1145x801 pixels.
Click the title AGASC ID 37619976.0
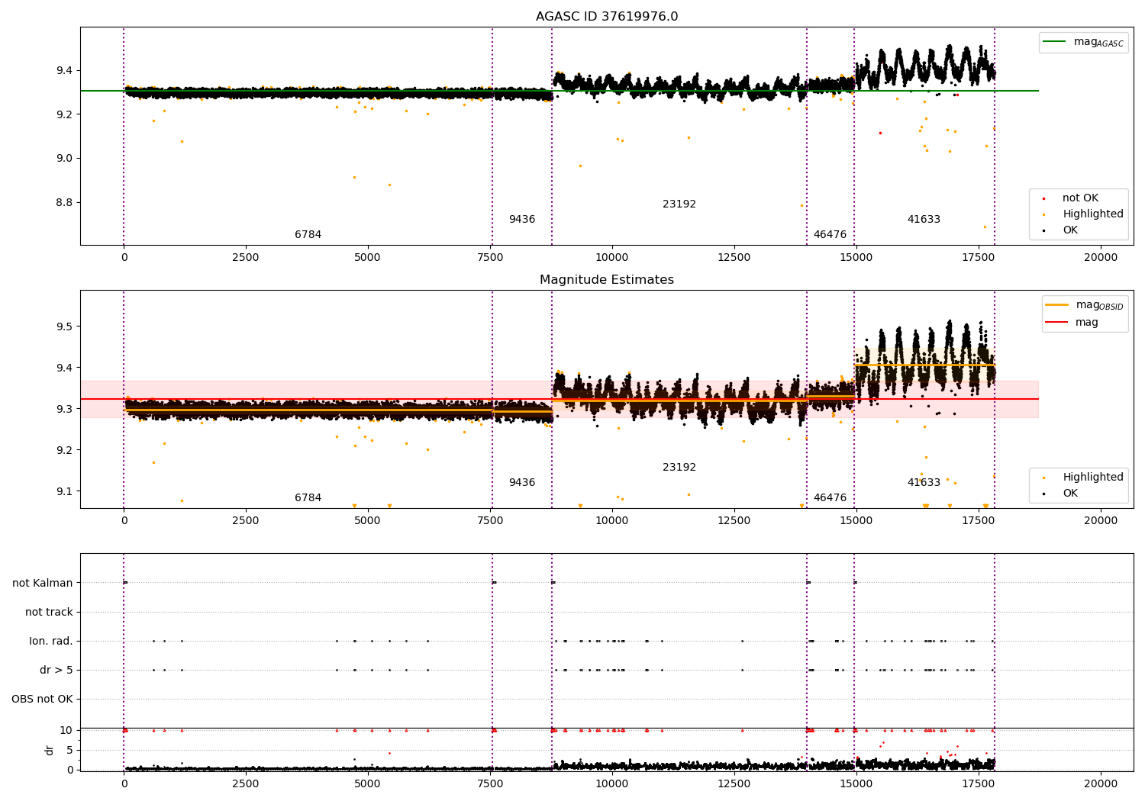607,16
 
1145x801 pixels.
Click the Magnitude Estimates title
607,279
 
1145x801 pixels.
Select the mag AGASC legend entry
1083,42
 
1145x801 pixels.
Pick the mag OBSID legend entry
1084,305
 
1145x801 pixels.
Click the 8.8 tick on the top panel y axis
64,202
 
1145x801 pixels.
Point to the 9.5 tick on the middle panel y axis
64,327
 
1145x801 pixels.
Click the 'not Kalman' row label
43,583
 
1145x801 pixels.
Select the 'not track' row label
49,612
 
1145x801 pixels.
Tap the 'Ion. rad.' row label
50,641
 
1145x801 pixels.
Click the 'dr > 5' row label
56,670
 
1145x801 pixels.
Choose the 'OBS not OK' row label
43,699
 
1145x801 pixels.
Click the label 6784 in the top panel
308,234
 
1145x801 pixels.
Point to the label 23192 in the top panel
679,204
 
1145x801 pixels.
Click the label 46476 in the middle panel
831,497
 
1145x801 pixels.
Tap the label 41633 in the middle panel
924,482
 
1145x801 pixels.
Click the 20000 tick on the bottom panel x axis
1101,784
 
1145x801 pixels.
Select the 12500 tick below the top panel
734,258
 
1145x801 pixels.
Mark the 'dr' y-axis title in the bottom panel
50,751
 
